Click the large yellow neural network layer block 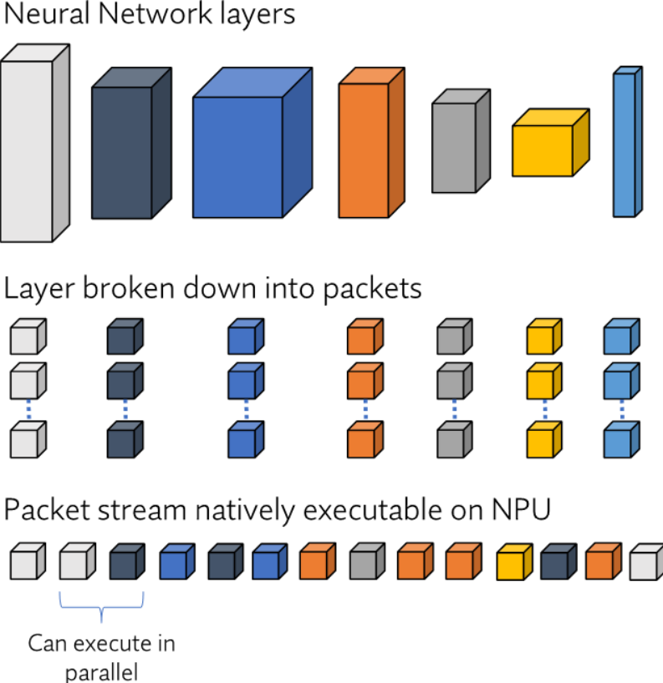click(x=551, y=143)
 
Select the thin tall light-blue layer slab click(x=628, y=142)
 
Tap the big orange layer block click(x=371, y=143)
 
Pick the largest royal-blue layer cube click(x=252, y=143)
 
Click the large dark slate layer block click(x=131, y=143)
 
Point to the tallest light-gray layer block click(x=35, y=143)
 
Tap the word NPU click(x=521, y=509)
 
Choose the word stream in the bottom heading click(x=142, y=509)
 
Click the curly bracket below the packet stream click(x=101, y=605)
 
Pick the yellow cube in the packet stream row click(x=514, y=561)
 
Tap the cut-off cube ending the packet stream click(x=646, y=561)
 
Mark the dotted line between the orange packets click(x=365, y=409)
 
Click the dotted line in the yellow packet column click(x=545, y=409)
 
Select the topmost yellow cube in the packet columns click(x=544, y=336)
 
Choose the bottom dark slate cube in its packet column click(x=125, y=439)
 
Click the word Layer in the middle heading click(x=39, y=289)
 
